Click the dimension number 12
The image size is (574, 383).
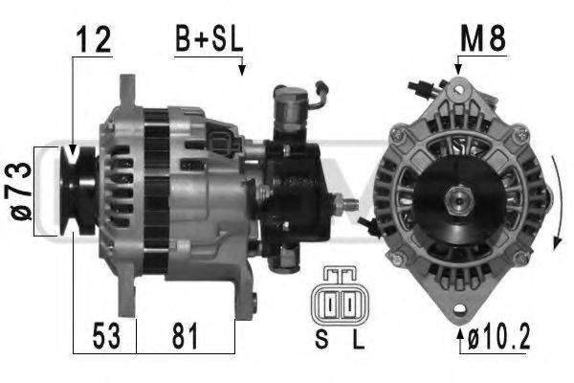[92, 40]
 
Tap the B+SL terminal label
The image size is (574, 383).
[209, 39]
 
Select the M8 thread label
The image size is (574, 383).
[482, 39]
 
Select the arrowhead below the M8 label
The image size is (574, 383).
[459, 69]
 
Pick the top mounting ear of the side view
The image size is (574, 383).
[125, 91]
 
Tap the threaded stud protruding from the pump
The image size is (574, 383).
[350, 204]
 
